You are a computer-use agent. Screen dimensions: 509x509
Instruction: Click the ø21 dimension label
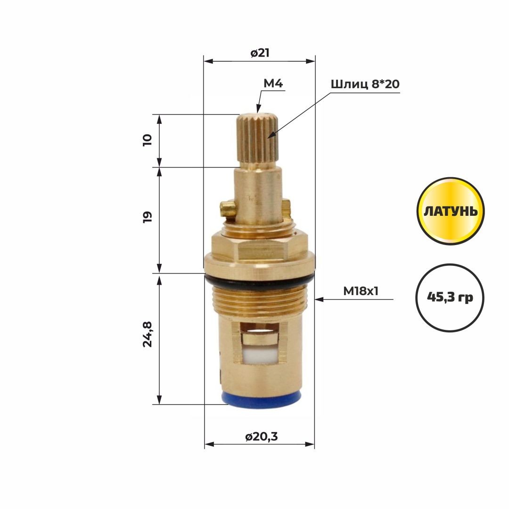260,53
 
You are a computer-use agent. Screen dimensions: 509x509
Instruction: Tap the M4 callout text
273,83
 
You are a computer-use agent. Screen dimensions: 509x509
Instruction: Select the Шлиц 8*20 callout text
365,84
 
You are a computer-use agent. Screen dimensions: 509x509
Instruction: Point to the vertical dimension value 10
148,140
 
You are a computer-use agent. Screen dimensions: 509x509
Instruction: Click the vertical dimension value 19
148,216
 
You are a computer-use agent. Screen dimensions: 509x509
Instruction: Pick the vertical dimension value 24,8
148,334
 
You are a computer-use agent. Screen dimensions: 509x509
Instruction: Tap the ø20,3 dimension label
261,436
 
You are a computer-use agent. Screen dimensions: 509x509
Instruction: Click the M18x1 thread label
361,291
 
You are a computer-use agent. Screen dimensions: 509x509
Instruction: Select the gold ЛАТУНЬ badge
451,211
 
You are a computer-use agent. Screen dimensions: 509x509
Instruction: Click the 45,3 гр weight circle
450,297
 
